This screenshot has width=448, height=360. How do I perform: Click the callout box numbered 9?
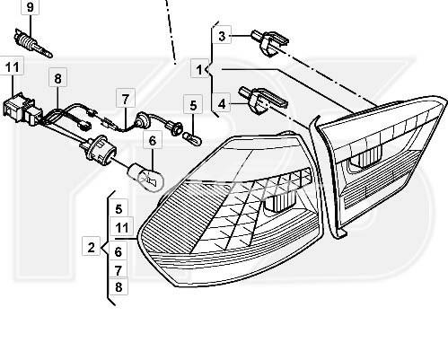30,7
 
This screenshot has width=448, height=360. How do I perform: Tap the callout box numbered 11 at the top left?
13,66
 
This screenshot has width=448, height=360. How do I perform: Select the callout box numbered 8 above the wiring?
57,78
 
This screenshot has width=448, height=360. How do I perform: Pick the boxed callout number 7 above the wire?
126,99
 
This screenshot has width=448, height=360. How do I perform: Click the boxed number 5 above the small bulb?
193,105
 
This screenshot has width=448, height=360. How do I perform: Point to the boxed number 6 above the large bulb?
153,140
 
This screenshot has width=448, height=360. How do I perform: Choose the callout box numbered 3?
222,36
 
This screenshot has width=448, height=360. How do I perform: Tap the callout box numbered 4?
222,103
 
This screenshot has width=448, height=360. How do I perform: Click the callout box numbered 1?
199,70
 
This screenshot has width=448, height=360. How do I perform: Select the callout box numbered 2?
91,247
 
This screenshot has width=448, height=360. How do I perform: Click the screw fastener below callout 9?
33,43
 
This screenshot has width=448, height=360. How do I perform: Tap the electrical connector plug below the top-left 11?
22,108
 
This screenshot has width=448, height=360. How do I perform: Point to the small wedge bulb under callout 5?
192,138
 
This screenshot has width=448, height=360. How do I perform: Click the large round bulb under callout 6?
145,178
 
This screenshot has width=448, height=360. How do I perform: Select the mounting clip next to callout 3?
270,43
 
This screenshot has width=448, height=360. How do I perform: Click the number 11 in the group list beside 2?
121,228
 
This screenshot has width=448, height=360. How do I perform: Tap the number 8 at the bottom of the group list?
119,286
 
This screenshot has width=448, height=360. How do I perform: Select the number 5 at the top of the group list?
119,209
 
